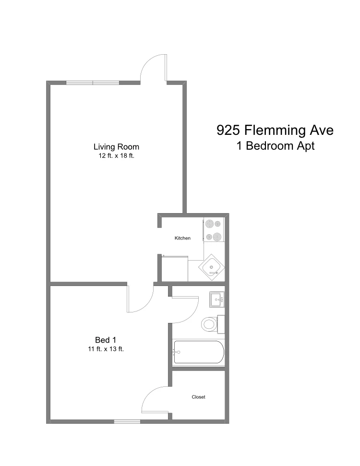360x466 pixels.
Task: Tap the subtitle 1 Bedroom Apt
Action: coord(276,146)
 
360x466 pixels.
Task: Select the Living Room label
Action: coord(116,147)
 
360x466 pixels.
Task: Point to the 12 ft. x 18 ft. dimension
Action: coord(116,156)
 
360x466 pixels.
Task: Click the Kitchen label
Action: coord(182,238)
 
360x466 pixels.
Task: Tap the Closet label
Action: coord(198,397)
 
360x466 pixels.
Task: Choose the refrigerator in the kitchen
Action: coord(175,269)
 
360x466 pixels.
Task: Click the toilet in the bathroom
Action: coord(210,324)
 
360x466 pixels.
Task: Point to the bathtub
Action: coord(198,353)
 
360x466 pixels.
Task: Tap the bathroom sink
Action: coord(217,299)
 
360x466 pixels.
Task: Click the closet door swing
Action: coord(155,399)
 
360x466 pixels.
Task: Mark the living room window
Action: coord(93,83)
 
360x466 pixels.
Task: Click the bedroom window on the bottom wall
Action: coord(127,421)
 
